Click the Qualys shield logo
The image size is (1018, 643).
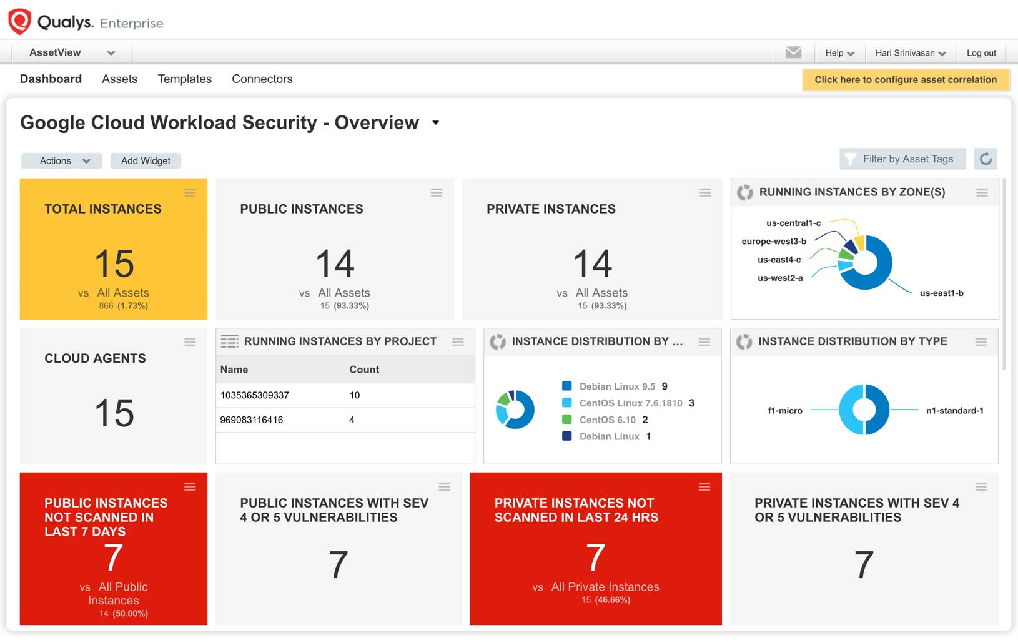tap(19, 21)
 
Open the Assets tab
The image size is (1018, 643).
tap(119, 79)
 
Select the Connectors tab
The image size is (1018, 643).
tap(262, 79)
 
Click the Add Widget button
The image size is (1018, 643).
tap(146, 161)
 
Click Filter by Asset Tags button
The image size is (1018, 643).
tap(902, 159)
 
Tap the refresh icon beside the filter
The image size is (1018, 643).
tap(986, 159)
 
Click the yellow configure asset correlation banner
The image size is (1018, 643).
tap(905, 80)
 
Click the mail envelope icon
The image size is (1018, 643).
tap(793, 52)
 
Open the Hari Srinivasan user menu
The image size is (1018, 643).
tap(910, 53)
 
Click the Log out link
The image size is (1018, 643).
tap(981, 53)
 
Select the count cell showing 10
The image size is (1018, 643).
tap(355, 395)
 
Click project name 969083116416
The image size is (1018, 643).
tap(252, 420)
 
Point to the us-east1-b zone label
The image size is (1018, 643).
tap(941, 293)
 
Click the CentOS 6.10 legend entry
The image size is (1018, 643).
tap(607, 420)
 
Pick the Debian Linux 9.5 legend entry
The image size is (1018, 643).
tap(616, 386)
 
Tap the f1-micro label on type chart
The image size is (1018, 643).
tap(785, 411)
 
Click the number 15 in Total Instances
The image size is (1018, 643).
tap(114, 264)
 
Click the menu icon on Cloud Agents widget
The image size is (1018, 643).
tap(190, 342)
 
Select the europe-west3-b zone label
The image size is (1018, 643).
tap(774, 242)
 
